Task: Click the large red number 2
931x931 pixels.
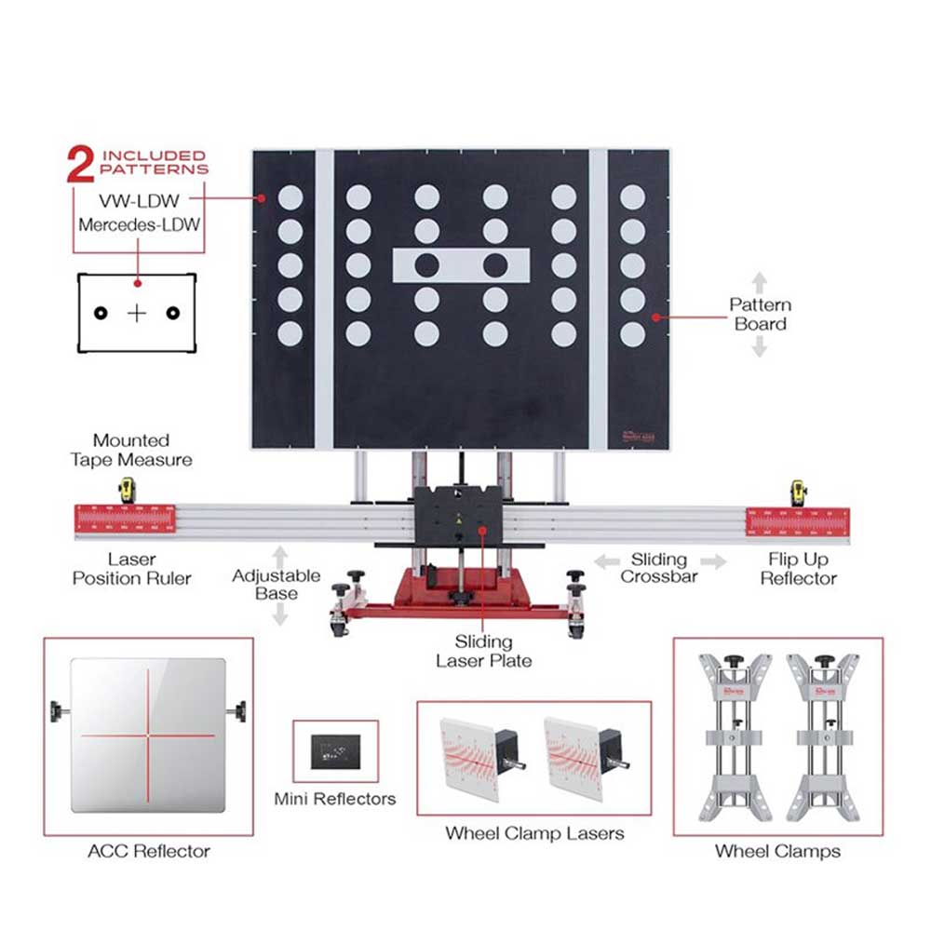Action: pyautogui.click(x=83, y=164)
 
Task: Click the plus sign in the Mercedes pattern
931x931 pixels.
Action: pyautogui.click(x=137, y=313)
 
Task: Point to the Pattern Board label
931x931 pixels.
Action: pyautogui.click(x=760, y=314)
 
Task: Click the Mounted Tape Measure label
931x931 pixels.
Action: pyautogui.click(x=131, y=450)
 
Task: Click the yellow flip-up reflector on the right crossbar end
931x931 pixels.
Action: pyautogui.click(x=798, y=492)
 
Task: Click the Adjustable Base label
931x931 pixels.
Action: pyautogui.click(x=276, y=585)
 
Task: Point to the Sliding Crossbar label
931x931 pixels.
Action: pyautogui.click(x=659, y=568)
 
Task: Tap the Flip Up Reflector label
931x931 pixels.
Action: pyautogui.click(x=798, y=569)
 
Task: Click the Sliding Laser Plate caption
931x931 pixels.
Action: pyautogui.click(x=483, y=651)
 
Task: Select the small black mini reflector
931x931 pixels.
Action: pyautogui.click(x=335, y=750)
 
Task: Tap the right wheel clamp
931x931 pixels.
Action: pyautogui.click(x=820, y=736)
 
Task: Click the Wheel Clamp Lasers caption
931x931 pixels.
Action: pyautogui.click(x=533, y=832)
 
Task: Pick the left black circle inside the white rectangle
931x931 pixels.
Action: pyautogui.click(x=427, y=265)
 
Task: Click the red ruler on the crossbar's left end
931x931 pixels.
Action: pyautogui.click(x=126, y=522)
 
